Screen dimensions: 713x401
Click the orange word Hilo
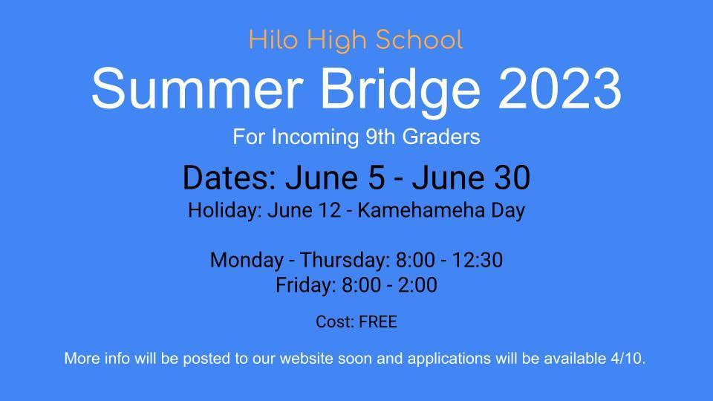click(x=273, y=39)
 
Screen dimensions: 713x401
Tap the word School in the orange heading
click(x=419, y=39)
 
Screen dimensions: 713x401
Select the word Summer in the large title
click(x=198, y=88)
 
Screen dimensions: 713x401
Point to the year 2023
click(x=560, y=88)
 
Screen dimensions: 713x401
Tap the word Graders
click(x=441, y=137)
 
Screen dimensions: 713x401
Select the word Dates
click(x=229, y=177)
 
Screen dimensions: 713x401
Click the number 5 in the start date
click(x=376, y=177)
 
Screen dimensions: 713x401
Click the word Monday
click(x=247, y=261)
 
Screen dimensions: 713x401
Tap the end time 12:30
click(x=478, y=260)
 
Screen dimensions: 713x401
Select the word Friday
click(x=305, y=285)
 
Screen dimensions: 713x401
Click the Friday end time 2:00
click(x=417, y=285)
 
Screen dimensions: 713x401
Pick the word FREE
click(x=378, y=322)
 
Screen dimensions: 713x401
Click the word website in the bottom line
click(x=307, y=358)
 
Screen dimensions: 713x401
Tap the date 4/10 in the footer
click(x=628, y=358)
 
